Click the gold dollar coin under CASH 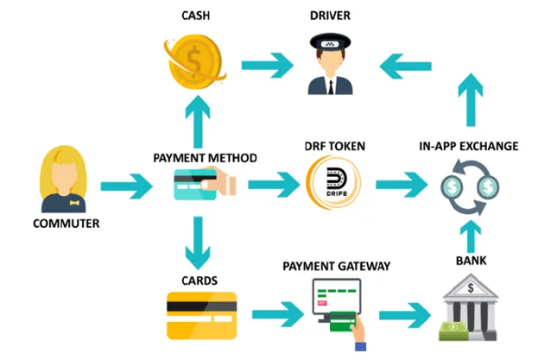[194, 61]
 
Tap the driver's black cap [330, 41]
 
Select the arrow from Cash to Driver [268, 65]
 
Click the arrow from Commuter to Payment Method [127, 186]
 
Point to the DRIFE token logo [333, 182]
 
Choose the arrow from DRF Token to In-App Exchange [402, 185]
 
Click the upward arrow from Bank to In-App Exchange [471, 237]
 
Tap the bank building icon [471, 306]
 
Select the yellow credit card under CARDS [202, 315]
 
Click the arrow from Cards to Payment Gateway [278, 314]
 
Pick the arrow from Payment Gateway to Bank [405, 315]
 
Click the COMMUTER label [66, 224]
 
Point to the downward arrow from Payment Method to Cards [198, 243]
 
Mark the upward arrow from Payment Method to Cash [198, 122]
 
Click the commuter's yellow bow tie [74, 203]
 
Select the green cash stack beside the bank [453, 331]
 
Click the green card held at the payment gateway [343, 322]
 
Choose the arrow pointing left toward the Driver [406, 66]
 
